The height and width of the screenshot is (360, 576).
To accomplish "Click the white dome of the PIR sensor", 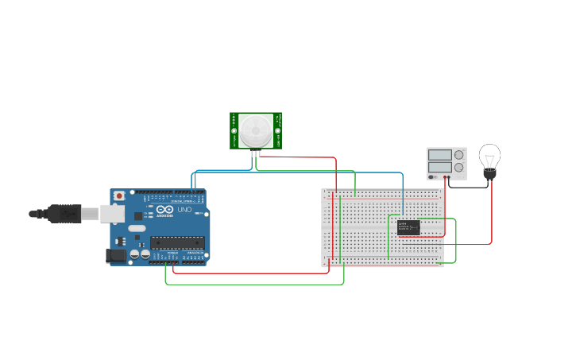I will coord(256,129).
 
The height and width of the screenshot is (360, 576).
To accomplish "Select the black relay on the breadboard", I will coord(408,227).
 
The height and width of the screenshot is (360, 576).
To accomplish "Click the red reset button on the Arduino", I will coord(119,195).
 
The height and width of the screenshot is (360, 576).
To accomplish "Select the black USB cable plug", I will coord(64,213).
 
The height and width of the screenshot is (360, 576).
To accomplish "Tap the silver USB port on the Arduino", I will coord(112,212).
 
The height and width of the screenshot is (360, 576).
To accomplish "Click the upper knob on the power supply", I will coord(459,155).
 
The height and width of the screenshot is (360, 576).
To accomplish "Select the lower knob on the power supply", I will coord(459,168).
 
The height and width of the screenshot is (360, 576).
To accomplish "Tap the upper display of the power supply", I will coord(439,155).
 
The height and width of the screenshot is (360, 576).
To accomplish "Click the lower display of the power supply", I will coord(439,168).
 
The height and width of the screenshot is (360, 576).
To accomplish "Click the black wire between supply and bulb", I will coord(469,188).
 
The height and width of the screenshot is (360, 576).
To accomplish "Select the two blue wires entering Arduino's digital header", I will coord(194,181).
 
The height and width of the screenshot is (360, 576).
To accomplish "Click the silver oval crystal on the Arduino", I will coord(137,228).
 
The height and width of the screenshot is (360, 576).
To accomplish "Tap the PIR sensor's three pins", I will coord(256,153).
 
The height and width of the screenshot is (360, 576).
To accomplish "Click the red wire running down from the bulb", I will coord(492,215).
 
